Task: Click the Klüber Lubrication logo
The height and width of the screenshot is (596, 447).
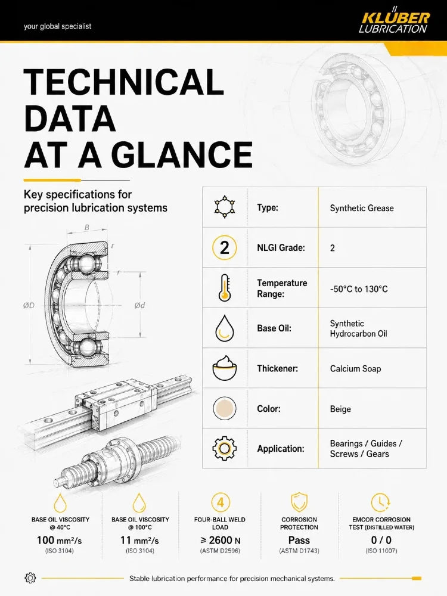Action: [395, 22]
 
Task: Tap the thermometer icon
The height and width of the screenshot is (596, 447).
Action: [225, 288]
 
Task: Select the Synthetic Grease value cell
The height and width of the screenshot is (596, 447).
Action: [362, 208]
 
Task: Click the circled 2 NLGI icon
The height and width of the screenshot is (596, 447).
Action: [224, 247]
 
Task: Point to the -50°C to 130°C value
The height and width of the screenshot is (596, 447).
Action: [359, 289]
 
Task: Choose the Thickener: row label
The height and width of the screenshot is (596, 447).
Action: [278, 368]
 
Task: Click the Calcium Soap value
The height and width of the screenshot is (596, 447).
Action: [355, 369]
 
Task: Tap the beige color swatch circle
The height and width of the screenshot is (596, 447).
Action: [225, 409]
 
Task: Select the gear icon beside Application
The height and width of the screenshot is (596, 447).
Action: [224, 449]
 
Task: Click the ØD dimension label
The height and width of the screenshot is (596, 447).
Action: [29, 305]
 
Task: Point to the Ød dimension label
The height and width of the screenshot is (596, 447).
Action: [140, 305]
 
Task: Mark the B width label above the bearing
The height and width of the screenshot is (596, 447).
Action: [87, 228]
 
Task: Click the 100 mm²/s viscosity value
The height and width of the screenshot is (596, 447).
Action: [59, 540]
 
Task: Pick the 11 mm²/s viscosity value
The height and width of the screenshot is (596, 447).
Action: [139, 540]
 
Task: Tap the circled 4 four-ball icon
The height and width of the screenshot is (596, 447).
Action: [221, 502]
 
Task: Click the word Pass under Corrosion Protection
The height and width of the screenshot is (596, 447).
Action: [299, 540]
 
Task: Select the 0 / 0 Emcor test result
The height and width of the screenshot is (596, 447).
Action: [381, 540]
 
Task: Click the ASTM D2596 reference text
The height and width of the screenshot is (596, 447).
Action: [220, 551]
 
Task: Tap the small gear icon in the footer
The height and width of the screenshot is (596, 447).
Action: [30, 578]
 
